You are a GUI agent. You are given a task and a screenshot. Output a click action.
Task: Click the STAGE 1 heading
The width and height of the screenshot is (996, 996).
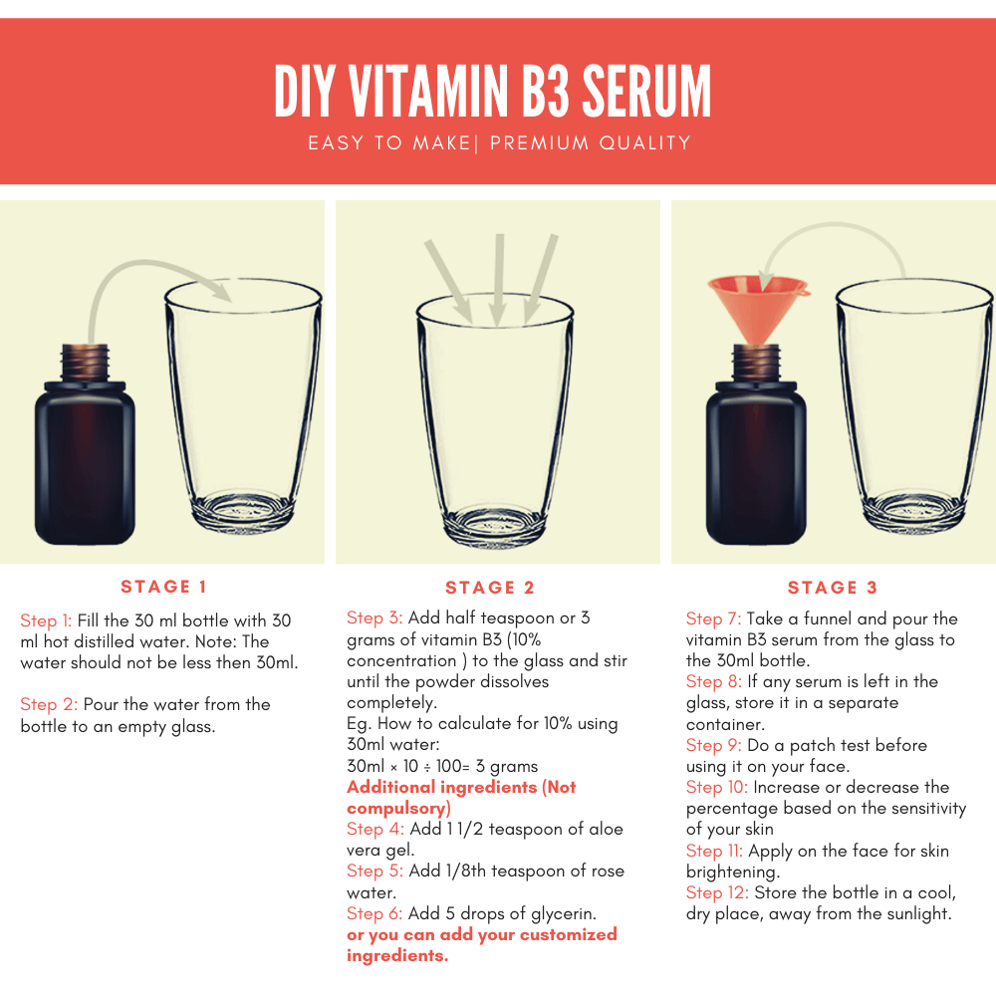click(x=164, y=587)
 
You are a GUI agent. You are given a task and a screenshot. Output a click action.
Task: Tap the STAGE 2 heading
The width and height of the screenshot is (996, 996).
click(x=490, y=588)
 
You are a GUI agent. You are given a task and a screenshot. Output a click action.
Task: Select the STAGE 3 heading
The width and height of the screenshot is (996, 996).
click(x=832, y=588)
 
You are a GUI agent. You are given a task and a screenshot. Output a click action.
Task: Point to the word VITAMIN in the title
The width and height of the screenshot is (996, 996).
click(x=428, y=91)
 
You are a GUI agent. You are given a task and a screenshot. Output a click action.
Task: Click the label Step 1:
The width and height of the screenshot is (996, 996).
click(x=46, y=621)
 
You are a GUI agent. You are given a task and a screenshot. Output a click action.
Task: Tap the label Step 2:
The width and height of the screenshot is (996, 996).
click(x=48, y=704)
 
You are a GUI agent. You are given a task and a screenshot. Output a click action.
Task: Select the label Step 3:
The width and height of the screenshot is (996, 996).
click(x=374, y=619)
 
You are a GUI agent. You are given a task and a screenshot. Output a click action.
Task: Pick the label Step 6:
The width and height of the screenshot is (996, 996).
click(x=374, y=914)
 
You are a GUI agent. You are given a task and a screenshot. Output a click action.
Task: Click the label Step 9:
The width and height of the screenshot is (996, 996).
click(x=713, y=746)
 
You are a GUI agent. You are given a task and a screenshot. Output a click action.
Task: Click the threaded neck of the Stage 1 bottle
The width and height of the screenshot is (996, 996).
click(x=85, y=363)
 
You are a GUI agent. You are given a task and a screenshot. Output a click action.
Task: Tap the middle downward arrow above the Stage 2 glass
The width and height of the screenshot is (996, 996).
click(x=499, y=280)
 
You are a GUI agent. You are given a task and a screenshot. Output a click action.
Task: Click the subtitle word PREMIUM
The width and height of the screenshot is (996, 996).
click(x=539, y=142)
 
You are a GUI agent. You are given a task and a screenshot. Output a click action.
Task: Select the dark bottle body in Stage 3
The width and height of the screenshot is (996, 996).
click(x=756, y=464)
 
